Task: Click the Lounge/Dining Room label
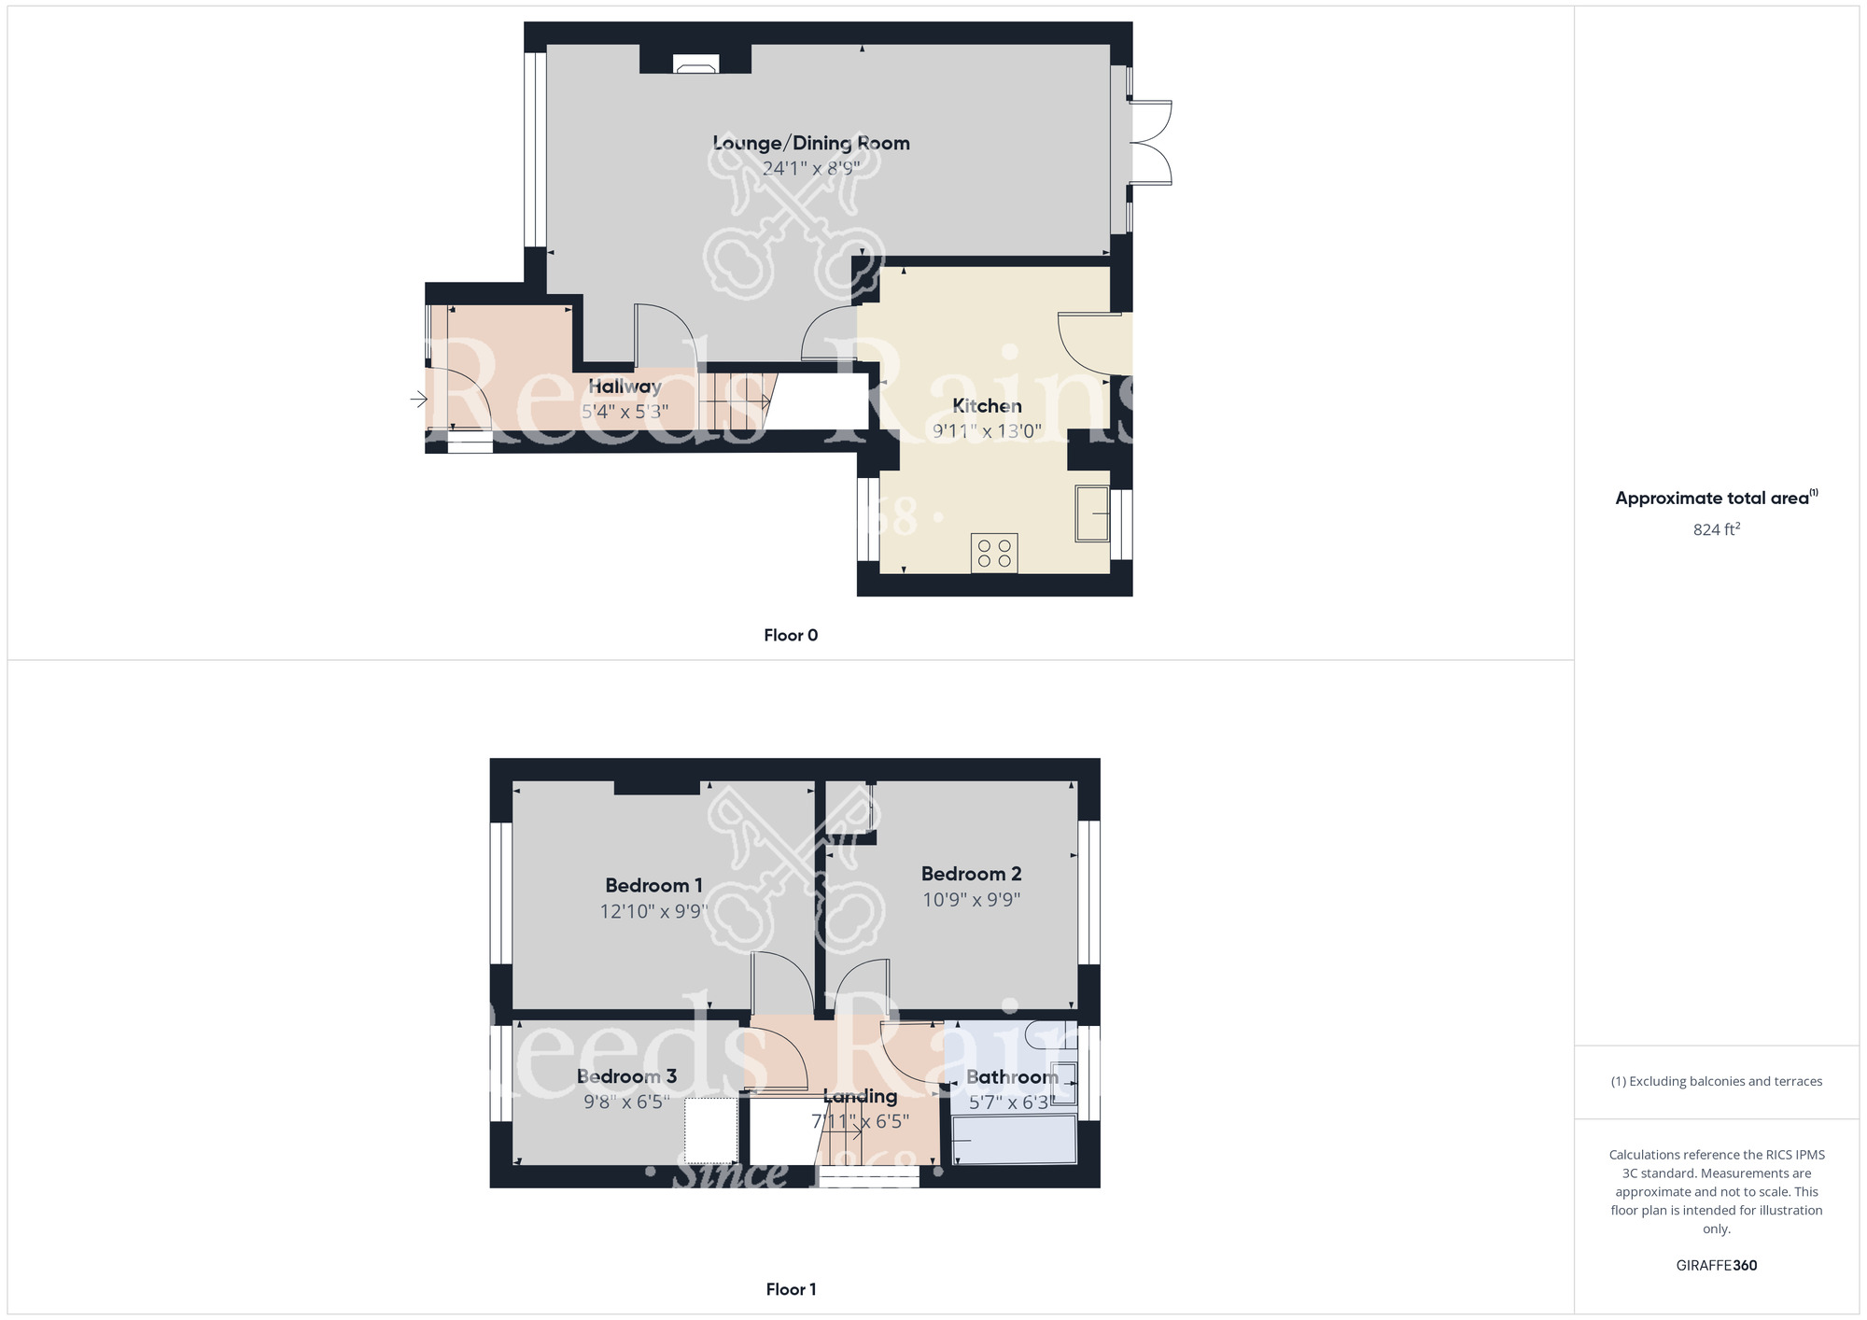point(810,143)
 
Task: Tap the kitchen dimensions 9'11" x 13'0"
point(987,430)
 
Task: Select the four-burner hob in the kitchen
point(993,553)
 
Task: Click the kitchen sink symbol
point(1092,513)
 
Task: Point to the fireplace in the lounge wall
point(695,65)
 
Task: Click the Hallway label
point(625,386)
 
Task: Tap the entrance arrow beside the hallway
point(418,400)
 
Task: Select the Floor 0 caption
point(790,635)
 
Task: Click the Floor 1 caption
point(790,1289)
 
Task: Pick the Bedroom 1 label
point(653,885)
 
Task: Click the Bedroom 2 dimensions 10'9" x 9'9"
point(971,900)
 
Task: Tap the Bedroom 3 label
point(626,1076)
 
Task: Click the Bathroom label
point(1012,1077)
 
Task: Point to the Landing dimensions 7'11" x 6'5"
point(860,1121)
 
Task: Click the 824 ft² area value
point(1716,529)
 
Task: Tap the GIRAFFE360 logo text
point(1716,1266)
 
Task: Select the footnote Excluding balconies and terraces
point(1716,1081)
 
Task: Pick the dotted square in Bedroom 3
point(711,1130)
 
